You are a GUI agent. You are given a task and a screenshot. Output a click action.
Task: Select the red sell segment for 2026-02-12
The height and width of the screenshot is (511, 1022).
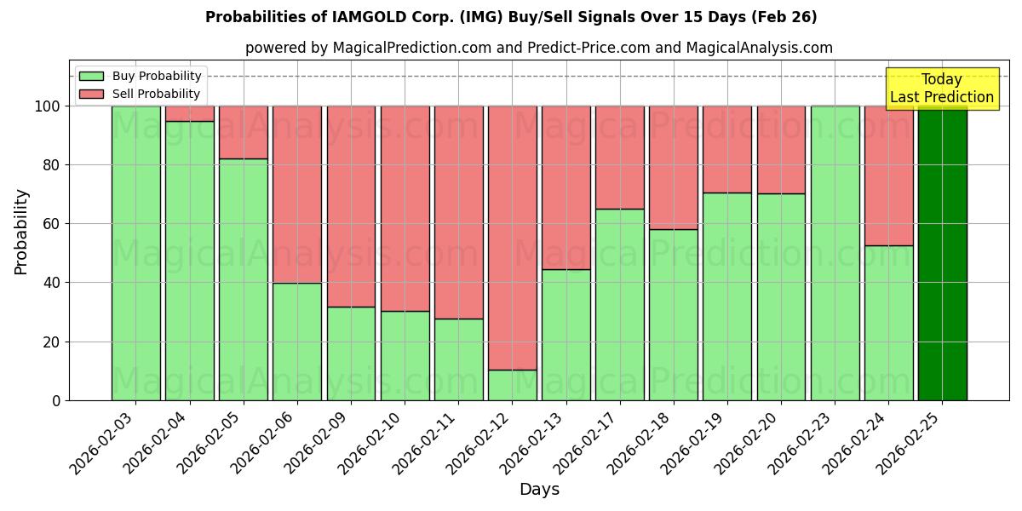[512, 238]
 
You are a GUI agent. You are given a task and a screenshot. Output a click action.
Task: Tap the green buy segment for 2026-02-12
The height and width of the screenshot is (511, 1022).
[512, 385]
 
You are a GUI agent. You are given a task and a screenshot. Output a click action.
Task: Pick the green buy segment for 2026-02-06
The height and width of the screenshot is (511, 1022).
[297, 342]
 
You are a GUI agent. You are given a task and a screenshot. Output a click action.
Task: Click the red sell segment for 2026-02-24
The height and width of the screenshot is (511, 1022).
[888, 175]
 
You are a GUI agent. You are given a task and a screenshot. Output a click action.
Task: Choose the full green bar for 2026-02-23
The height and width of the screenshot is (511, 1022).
[835, 253]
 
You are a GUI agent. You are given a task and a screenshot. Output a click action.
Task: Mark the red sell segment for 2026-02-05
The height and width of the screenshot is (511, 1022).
[244, 132]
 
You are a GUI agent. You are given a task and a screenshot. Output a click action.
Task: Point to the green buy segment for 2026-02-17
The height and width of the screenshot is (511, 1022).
[620, 304]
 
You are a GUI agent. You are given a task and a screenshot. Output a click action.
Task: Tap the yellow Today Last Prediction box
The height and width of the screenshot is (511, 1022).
[941, 89]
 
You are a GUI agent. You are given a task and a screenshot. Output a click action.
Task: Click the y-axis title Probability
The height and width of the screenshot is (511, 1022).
[21, 232]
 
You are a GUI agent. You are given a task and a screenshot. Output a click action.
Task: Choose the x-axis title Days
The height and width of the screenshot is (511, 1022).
[539, 490]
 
